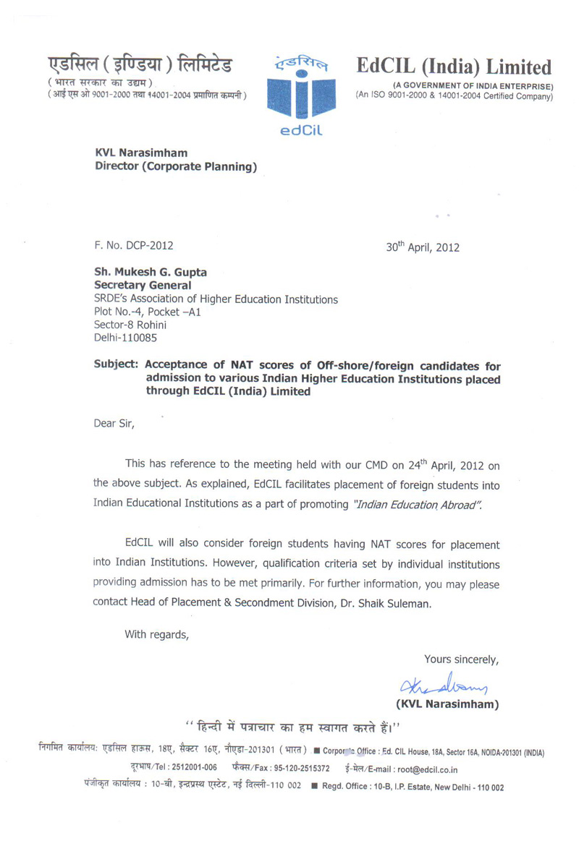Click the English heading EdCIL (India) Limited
454,67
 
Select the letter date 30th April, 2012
423,246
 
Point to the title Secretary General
143,286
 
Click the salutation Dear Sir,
114,424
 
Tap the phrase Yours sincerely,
461,659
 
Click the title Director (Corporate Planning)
177,167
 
